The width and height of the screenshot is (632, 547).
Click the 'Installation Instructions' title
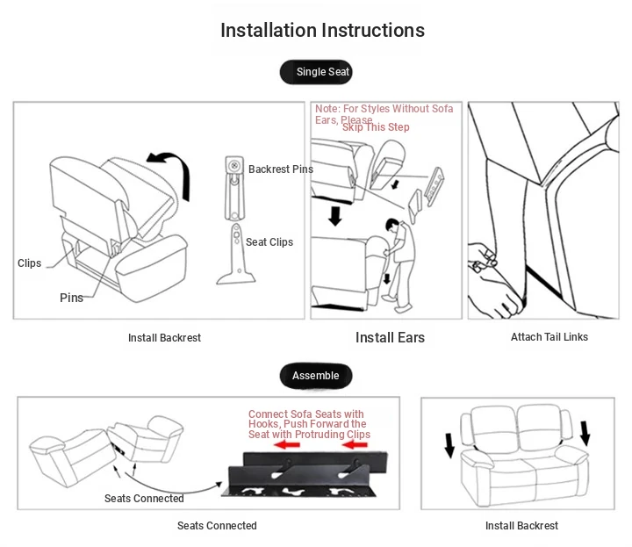(322, 30)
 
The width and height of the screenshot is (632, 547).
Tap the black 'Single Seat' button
(316, 72)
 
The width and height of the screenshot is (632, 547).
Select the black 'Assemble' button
(315, 376)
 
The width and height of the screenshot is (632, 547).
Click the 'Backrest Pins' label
(280, 169)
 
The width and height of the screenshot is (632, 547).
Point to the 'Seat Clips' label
(269, 242)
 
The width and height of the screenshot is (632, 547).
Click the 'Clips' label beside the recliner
(30, 263)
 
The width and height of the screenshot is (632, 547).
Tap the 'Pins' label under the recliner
(71, 298)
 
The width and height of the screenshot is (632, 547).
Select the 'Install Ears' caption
(390, 338)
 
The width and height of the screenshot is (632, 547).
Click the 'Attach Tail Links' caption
(549, 337)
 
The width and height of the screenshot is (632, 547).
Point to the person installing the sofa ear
(399, 263)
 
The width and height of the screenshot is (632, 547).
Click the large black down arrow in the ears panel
(334, 215)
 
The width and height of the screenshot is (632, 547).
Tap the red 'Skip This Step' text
(376, 127)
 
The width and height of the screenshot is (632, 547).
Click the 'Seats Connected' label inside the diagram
(144, 499)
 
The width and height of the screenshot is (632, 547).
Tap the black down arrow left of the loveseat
(449, 445)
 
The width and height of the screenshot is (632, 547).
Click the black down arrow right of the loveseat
(585, 433)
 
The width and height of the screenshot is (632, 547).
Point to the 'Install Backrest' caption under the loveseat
(521, 526)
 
